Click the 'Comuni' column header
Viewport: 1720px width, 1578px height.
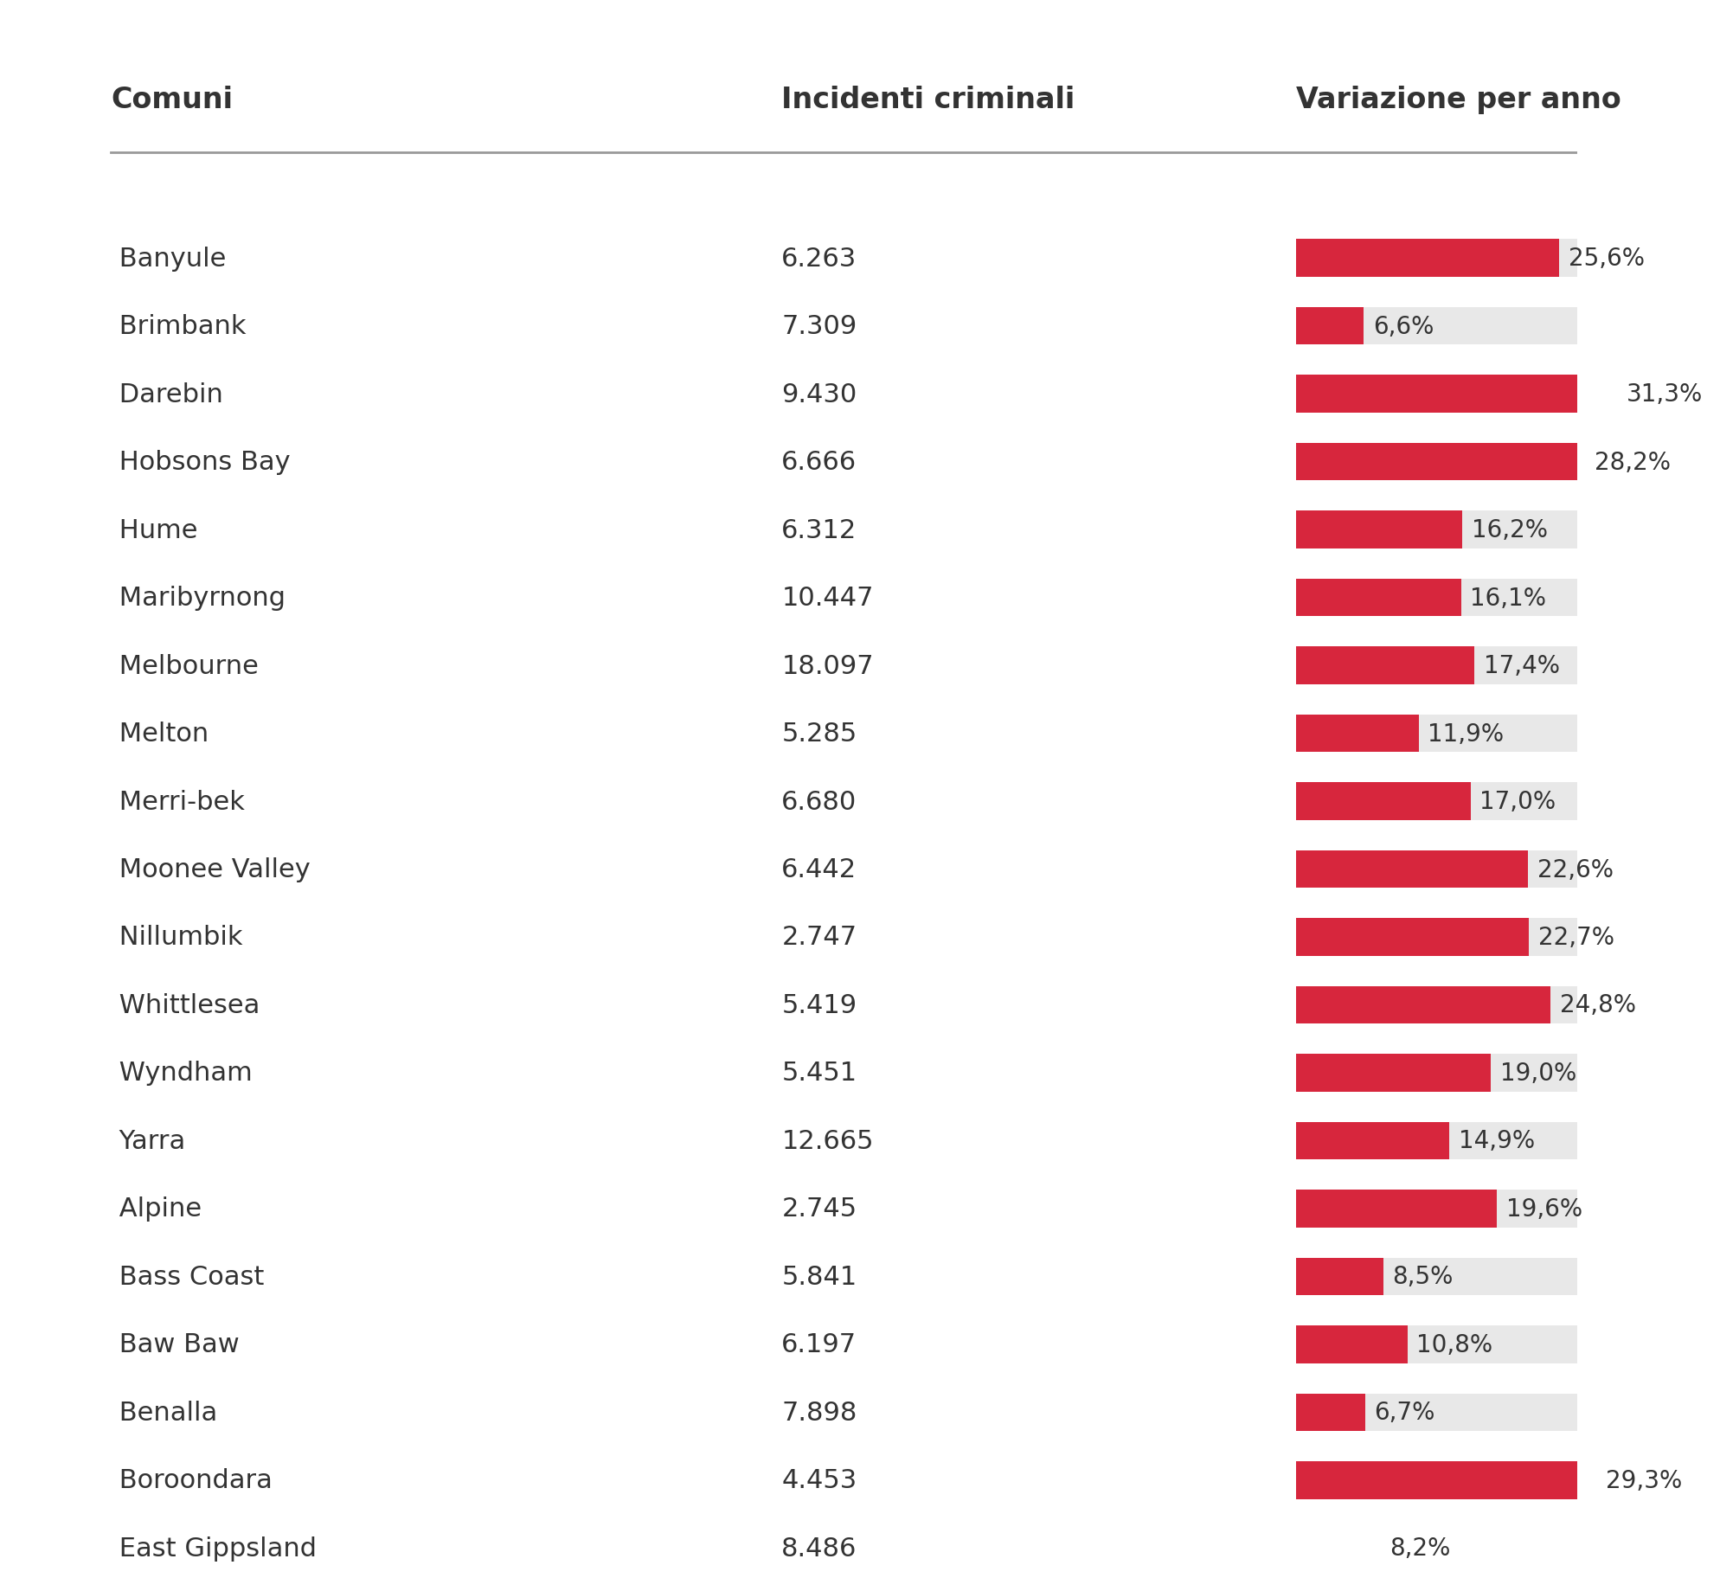coord(171,99)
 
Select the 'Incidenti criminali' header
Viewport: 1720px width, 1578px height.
coord(927,99)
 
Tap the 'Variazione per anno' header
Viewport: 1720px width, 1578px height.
coord(1457,99)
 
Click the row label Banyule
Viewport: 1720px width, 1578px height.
coord(172,259)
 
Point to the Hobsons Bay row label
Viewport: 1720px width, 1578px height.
coord(204,462)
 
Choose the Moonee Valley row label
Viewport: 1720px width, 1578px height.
coord(214,869)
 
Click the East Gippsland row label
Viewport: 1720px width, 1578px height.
coord(217,1548)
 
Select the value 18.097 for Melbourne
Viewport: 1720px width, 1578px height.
coord(826,666)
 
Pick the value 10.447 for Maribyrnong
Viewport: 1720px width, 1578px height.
coord(826,598)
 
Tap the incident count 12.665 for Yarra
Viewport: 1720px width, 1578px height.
coord(826,1141)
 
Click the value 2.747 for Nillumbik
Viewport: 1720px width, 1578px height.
coord(818,937)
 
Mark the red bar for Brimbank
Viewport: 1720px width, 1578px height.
coord(1329,326)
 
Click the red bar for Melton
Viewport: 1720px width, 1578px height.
coord(1357,734)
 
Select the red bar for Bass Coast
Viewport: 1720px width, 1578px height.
coord(1339,1277)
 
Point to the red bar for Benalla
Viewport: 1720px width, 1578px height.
coord(1330,1413)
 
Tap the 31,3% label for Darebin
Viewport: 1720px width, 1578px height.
coord(1663,394)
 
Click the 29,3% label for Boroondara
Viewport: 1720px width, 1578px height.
coord(1642,1480)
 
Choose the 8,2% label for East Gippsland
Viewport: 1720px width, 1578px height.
coord(1419,1548)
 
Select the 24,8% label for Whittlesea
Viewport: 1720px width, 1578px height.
coord(1596,1005)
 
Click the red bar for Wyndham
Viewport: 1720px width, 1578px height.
coord(1393,1073)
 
